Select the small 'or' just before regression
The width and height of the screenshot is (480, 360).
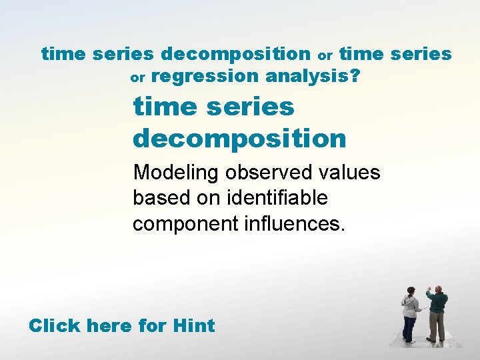tap(137, 78)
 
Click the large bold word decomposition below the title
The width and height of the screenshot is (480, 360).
tap(239, 138)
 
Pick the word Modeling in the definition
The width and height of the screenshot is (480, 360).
tap(177, 173)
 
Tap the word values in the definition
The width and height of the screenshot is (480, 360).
tap(350, 173)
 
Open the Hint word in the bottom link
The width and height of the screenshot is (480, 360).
tap(193, 326)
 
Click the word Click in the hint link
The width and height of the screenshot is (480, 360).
tap(54, 326)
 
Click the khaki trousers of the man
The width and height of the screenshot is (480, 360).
tap(437, 327)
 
